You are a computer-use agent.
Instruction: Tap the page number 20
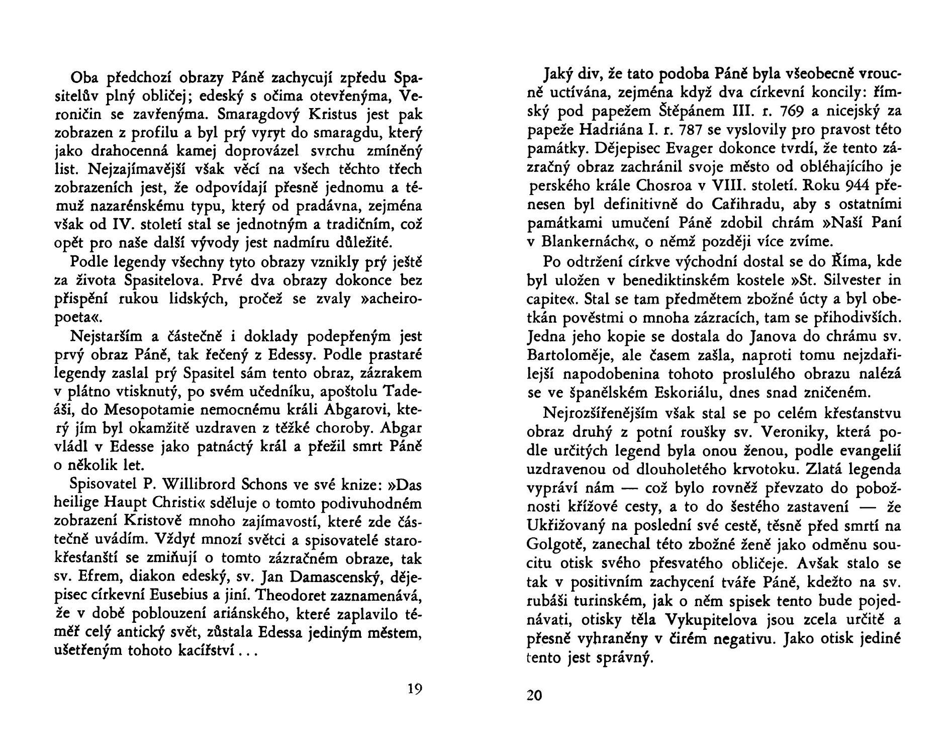534,696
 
